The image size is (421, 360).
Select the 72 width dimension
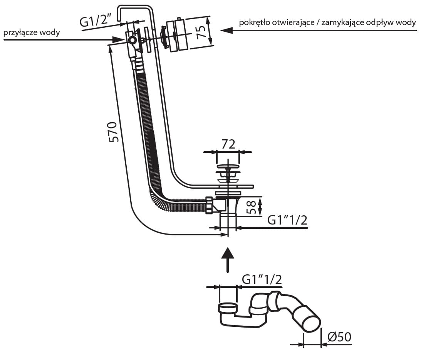(x=228, y=144)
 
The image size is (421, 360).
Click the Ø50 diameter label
(x=339, y=337)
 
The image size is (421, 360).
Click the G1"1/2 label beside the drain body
(x=287, y=220)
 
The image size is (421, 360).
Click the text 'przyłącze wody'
(x=32, y=32)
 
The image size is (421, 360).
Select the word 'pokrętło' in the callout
(x=254, y=22)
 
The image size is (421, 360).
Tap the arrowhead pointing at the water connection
(x=118, y=39)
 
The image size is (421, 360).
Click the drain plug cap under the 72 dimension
(x=228, y=167)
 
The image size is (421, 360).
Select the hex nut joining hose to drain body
(x=210, y=205)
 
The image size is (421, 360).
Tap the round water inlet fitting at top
(x=132, y=40)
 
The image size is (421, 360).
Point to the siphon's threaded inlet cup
(x=228, y=308)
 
